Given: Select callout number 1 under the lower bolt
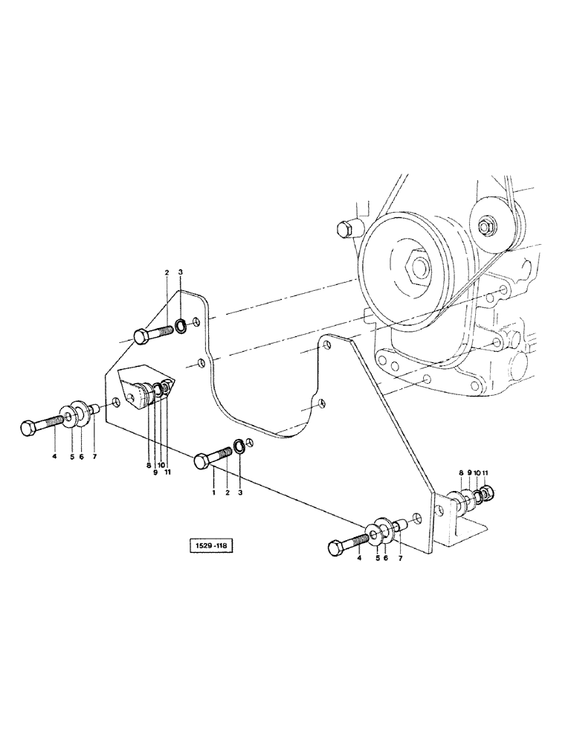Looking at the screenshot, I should click(x=213, y=492).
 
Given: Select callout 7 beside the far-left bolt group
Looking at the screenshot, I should click(x=94, y=457).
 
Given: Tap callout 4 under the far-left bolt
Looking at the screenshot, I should click(x=54, y=457).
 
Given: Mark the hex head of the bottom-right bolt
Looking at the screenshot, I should click(x=335, y=549).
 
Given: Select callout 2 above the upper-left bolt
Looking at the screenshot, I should click(x=167, y=275).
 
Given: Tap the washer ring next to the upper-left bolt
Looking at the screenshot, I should click(x=181, y=324).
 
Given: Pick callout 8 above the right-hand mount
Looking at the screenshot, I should click(x=462, y=472).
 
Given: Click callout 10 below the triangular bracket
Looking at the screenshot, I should click(x=161, y=465).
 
